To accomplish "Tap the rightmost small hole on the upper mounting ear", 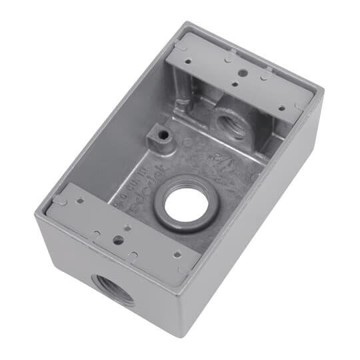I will (x=282, y=107).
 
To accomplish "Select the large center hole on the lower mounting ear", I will (x=117, y=237).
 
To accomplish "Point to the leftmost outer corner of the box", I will (x=35, y=212).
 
